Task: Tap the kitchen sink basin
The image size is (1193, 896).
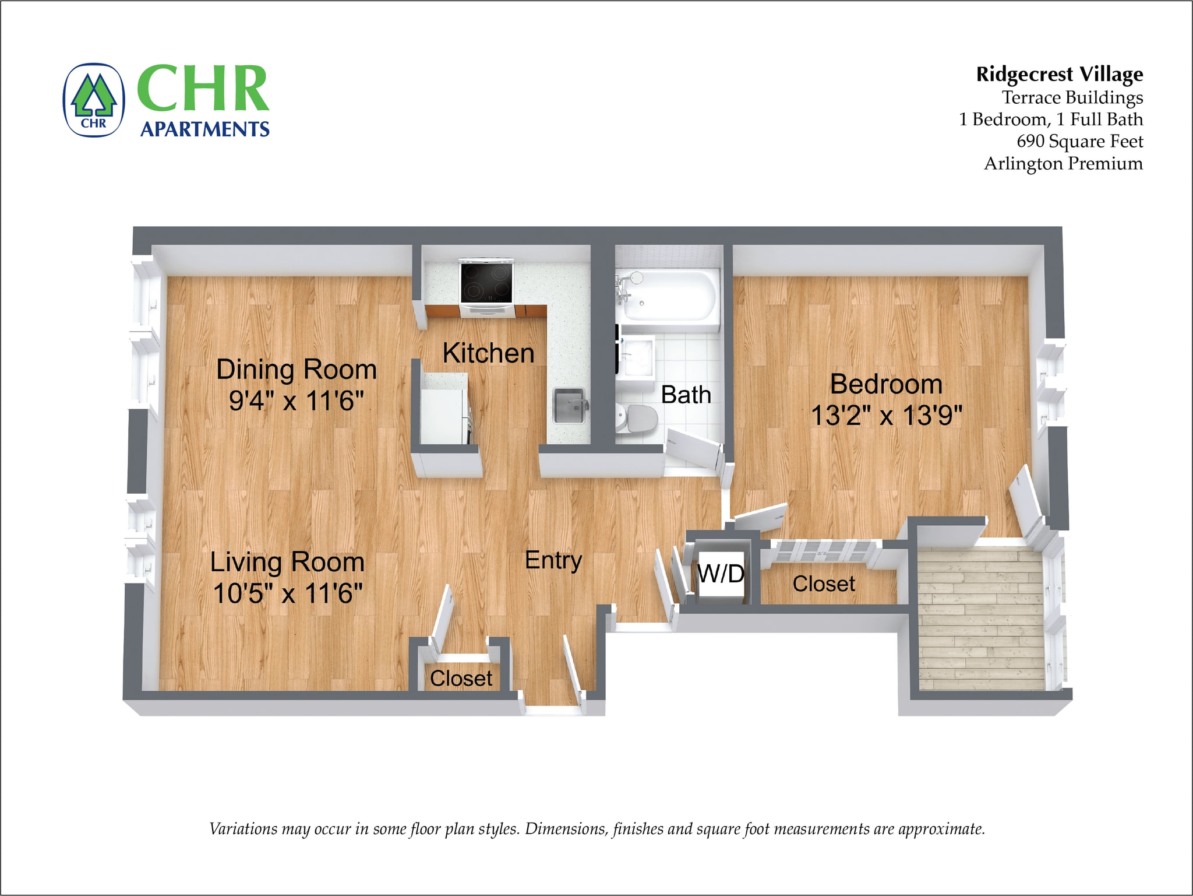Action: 567,406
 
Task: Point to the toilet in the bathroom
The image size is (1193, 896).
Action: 637,418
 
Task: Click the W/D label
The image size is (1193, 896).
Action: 721,574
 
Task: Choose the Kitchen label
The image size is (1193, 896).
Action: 488,353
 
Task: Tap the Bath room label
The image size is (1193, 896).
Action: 686,395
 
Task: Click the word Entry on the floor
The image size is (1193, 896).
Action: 553,560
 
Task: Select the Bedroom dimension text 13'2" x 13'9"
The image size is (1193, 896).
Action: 886,416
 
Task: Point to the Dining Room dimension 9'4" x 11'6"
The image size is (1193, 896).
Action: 296,401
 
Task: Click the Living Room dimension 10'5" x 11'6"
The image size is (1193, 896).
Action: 288,593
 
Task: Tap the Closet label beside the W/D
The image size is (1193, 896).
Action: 823,584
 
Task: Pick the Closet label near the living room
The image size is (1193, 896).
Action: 461,679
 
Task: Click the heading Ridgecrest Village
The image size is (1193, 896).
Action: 1059,75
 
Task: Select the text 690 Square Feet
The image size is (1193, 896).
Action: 1079,142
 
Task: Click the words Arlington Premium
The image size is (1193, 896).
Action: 1063,164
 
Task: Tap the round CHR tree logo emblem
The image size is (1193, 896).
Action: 94,100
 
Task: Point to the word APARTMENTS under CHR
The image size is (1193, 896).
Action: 205,129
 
